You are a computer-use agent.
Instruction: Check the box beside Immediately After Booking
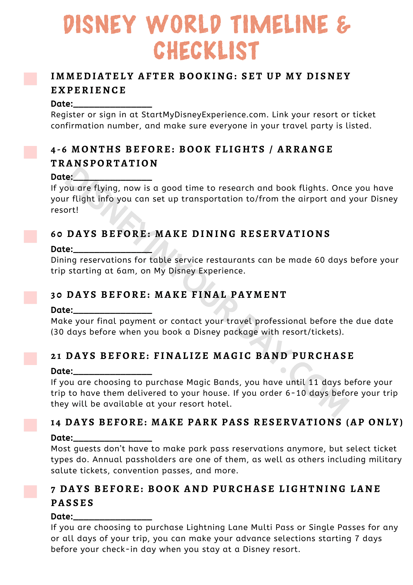click(x=30, y=79)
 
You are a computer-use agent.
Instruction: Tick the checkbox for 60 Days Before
click(x=30, y=236)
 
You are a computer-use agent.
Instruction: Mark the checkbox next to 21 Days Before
click(x=30, y=359)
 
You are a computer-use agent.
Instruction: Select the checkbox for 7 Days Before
click(x=30, y=491)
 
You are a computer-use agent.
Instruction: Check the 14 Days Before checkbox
click(x=30, y=425)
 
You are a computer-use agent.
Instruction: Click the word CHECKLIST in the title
click(x=206, y=51)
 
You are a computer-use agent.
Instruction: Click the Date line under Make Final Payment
click(x=112, y=311)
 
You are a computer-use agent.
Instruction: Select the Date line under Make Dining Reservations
click(x=112, y=250)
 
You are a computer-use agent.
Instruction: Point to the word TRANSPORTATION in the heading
click(x=104, y=163)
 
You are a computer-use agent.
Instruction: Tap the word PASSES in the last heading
click(x=72, y=503)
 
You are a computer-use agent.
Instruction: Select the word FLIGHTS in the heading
click(x=240, y=149)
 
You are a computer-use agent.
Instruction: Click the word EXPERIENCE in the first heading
click(x=88, y=90)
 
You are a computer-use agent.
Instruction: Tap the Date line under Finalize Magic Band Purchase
click(x=112, y=372)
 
